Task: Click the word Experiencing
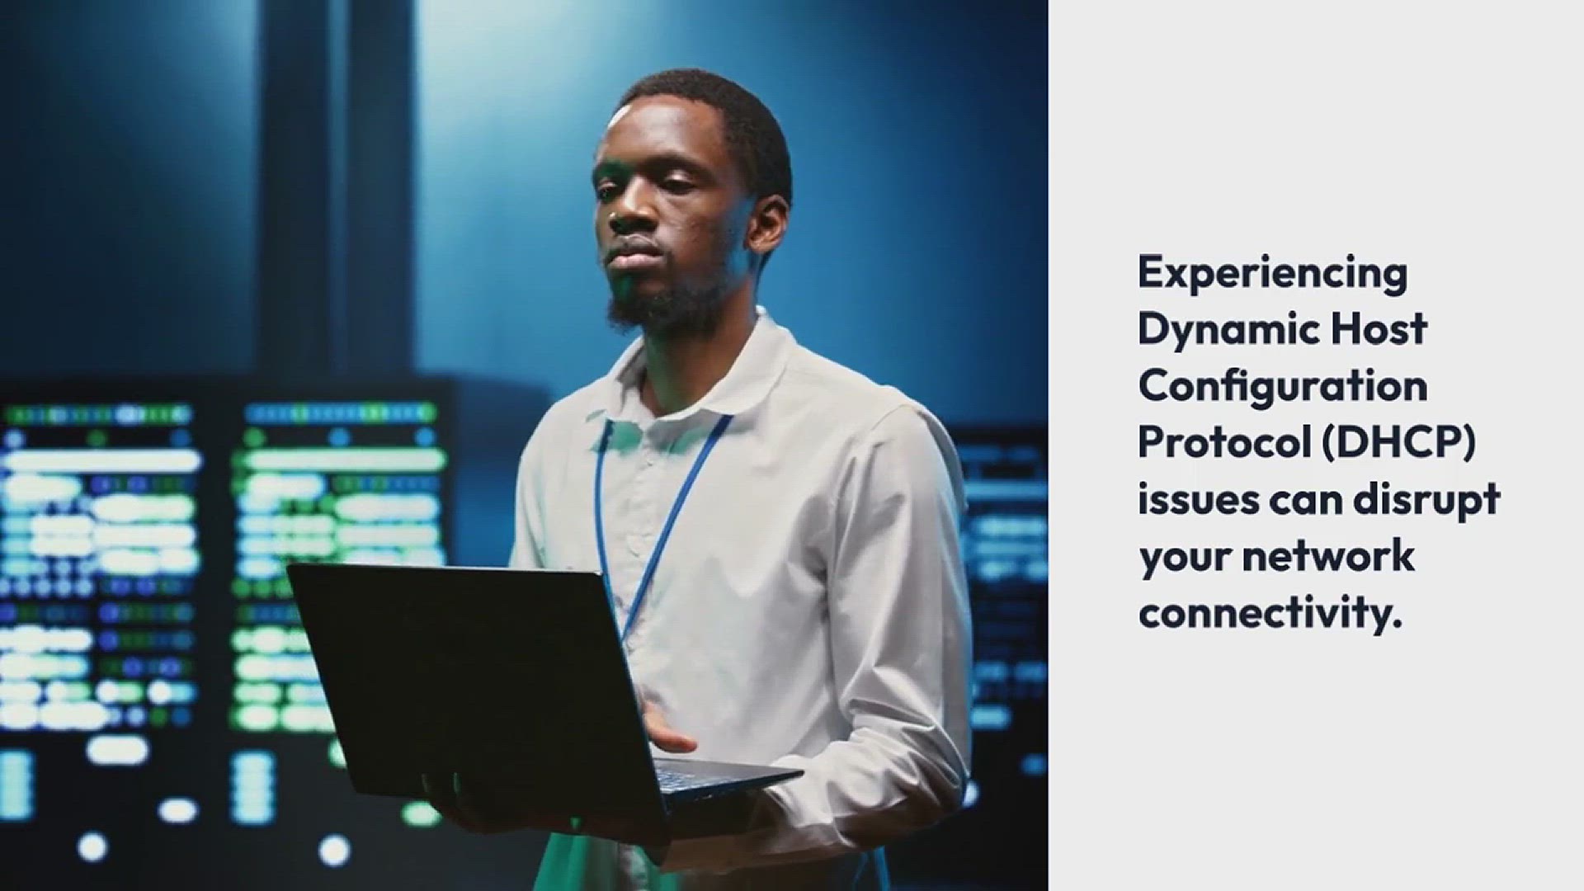click(x=1272, y=274)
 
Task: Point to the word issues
click(x=1199, y=500)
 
